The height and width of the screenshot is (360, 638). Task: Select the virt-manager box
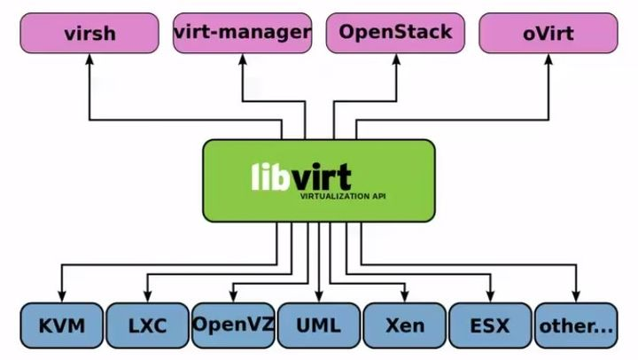coord(242,33)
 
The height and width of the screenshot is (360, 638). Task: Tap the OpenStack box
coord(395,33)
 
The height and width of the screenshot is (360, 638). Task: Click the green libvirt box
coord(319,180)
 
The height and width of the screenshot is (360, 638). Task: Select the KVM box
coord(61,325)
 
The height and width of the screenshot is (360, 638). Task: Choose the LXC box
coord(147,325)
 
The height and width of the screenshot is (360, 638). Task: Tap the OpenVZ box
coord(233,325)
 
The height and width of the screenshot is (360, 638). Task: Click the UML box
coord(319,325)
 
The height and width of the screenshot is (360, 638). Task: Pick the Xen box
coord(405,325)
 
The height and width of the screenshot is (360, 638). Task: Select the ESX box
coord(490,325)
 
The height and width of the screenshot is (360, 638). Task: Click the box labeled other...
coord(576,325)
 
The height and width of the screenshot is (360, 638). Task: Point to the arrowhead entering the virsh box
coord(89,60)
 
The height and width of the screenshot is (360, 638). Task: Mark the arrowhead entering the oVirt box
coord(549,60)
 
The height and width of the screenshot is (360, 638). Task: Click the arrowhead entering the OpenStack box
coord(395,60)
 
